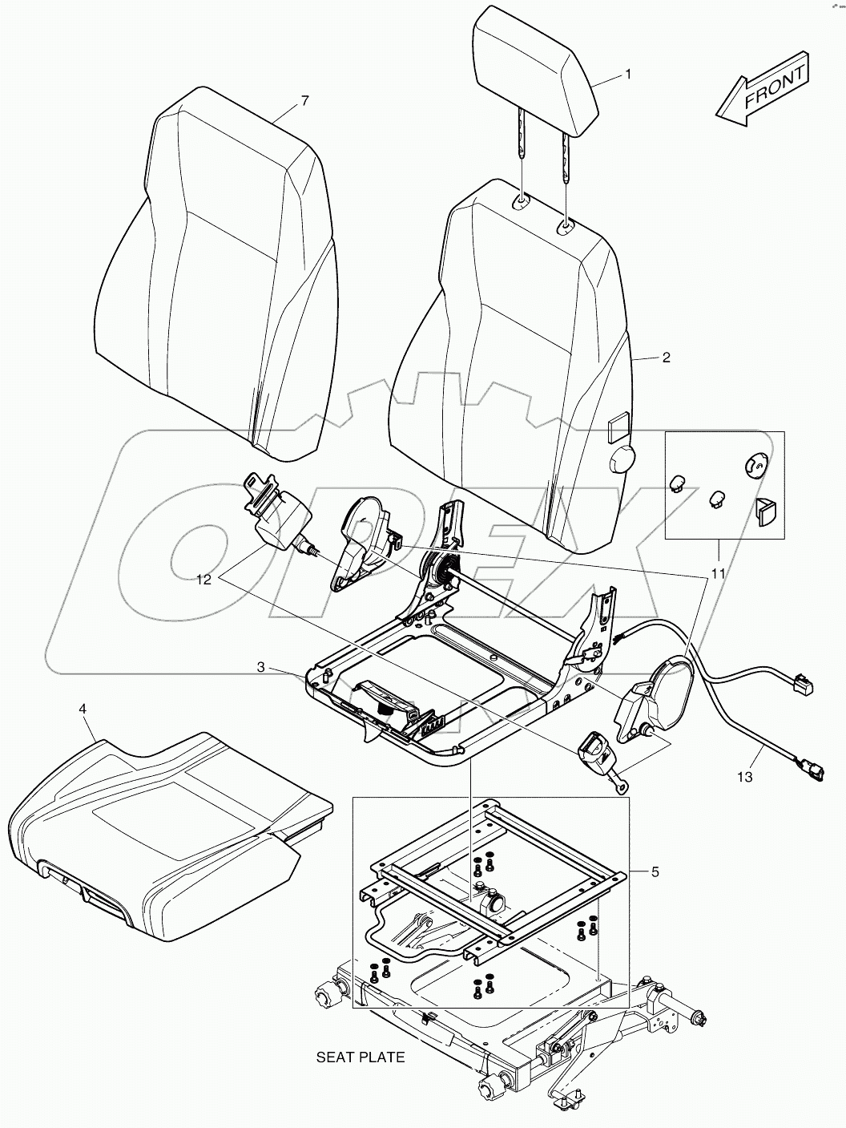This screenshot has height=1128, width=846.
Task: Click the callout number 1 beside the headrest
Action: coord(628,75)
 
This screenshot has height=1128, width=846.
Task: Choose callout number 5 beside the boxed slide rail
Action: coord(655,871)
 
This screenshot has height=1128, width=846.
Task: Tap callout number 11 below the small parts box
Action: coord(718,573)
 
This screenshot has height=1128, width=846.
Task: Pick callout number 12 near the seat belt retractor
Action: coord(204,579)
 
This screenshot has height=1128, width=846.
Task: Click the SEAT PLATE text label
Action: coord(361,1057)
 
